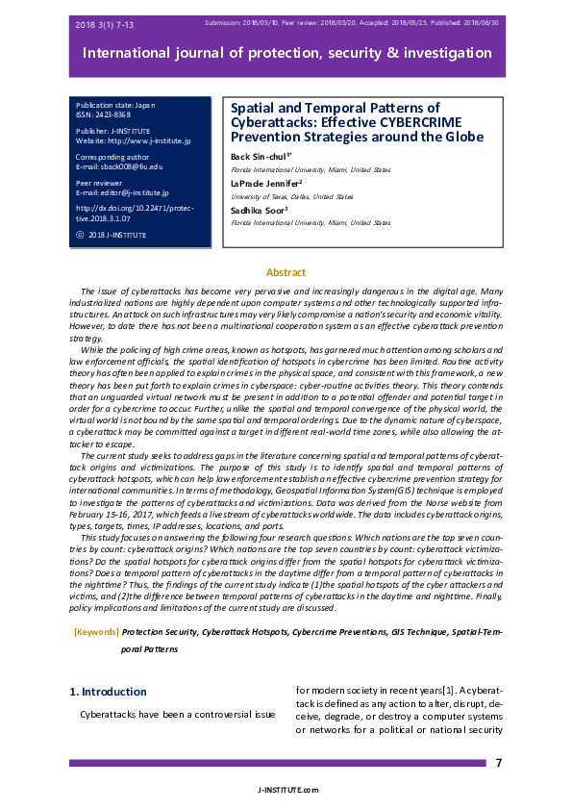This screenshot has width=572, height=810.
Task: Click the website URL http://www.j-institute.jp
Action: tap(134, 140)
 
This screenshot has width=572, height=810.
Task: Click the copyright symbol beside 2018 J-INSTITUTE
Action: tap(79, 235)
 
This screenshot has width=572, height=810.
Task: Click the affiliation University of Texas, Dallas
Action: tap(292, 195)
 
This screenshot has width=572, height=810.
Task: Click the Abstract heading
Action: tap(286, 273)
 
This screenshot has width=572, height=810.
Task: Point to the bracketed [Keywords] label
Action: tap(96, 632)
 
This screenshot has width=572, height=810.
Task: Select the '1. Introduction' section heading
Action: tap(109, 692)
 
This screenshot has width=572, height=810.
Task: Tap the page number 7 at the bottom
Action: tap(498, 763)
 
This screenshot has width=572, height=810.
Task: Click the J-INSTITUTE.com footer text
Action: tap(286, 789)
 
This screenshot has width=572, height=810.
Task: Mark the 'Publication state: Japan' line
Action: tap(112, 104)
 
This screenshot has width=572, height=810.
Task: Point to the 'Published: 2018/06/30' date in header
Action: tap(460, 21)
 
